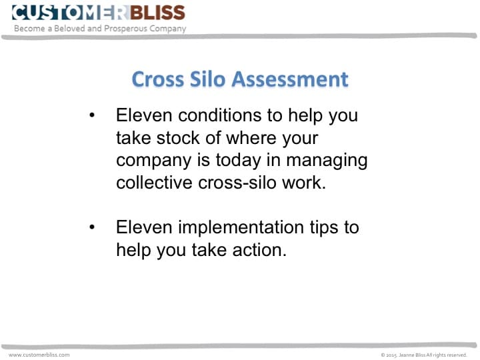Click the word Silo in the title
point(207,79)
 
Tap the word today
point(243,161)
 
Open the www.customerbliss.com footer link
point(39,355)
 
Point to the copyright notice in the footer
point(424,355)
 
